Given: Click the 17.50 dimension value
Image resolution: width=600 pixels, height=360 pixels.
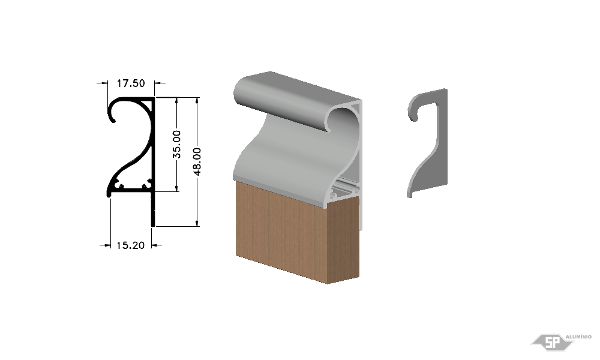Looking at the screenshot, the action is point(131,83).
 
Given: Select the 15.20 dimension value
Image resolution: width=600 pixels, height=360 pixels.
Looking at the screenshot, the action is point(130,245).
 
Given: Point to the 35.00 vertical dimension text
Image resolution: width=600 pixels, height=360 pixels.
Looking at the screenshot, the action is point(176,144).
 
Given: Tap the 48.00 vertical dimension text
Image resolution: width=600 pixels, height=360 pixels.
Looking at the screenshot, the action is point(197,161).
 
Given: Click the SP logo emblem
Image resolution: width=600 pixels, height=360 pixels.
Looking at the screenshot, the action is point(553,342).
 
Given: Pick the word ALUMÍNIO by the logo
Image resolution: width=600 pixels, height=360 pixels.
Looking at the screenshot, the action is point(578,337).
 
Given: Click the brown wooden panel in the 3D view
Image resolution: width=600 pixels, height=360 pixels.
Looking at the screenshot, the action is point(298,232).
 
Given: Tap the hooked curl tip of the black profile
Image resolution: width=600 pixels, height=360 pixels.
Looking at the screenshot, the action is point(113,121).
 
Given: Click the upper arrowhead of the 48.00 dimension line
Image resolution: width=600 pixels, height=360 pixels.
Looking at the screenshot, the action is point(197,101).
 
